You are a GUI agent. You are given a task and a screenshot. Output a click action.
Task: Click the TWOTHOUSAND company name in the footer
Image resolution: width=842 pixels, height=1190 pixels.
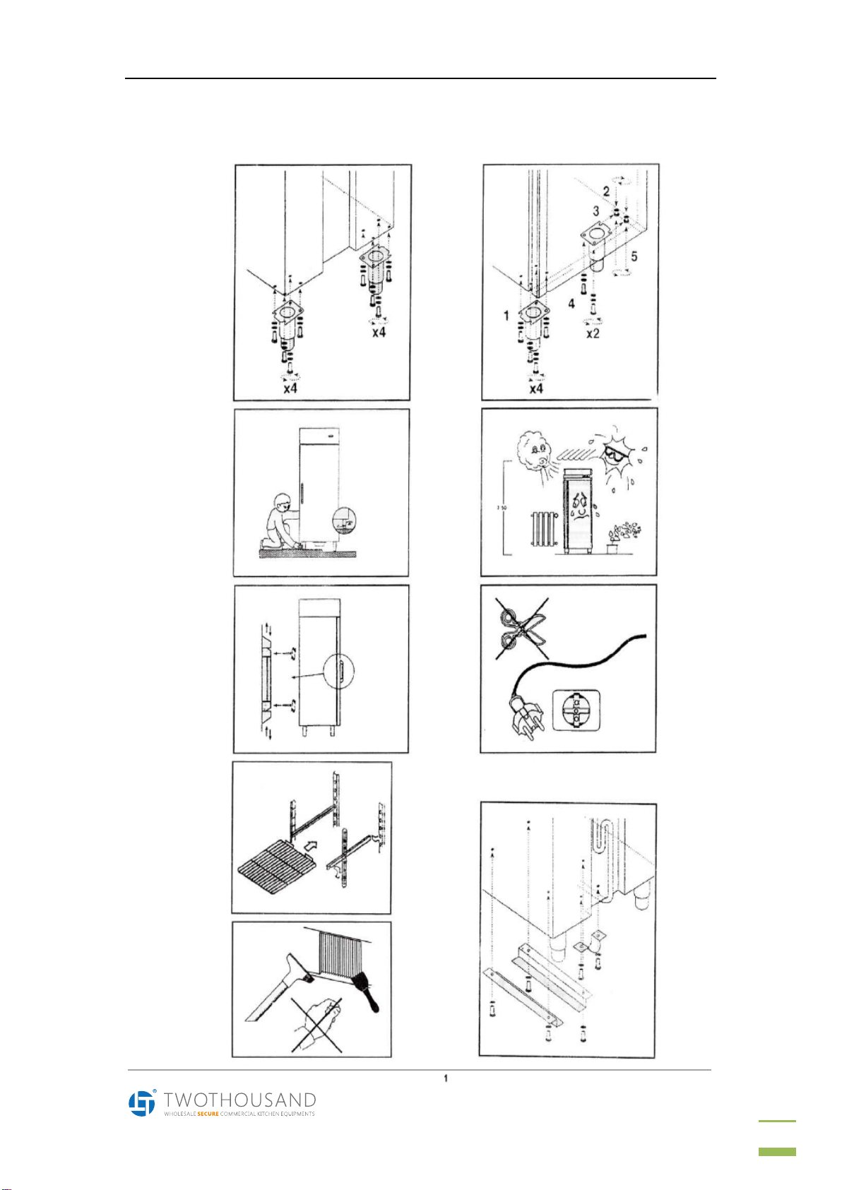pyautogui.click(x=239, y=1100)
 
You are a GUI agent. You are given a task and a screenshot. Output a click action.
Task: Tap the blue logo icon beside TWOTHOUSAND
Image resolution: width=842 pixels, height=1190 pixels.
pyautogui.click(x=141, y=1102)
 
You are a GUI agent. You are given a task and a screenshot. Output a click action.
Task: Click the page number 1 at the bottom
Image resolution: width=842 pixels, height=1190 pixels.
pyautogui.click(x=446, y=1078)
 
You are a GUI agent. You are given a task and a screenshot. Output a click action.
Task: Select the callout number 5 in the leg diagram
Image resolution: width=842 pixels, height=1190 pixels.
pyautogui.click(x=634, y=256)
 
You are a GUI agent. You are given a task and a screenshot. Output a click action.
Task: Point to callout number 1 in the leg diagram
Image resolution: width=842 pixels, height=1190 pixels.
pyautogui.click(x=506, y=315)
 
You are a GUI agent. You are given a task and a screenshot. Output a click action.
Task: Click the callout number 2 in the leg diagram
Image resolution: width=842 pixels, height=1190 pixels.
pyautogui.click(x=606, y=191)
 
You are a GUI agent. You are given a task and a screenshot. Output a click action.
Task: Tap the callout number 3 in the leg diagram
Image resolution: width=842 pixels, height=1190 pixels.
pyautogui.click(x=596, y=210)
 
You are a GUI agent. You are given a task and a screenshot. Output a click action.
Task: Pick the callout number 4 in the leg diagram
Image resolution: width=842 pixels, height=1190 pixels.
pyautogui.click(x=571, y=304)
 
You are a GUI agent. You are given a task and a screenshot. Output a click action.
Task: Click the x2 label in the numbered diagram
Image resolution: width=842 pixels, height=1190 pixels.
pyautogui.click(x=593, y=333)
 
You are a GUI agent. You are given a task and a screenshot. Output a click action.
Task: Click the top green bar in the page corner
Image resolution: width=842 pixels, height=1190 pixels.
pyautogui.click(x=777, y=1120)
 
